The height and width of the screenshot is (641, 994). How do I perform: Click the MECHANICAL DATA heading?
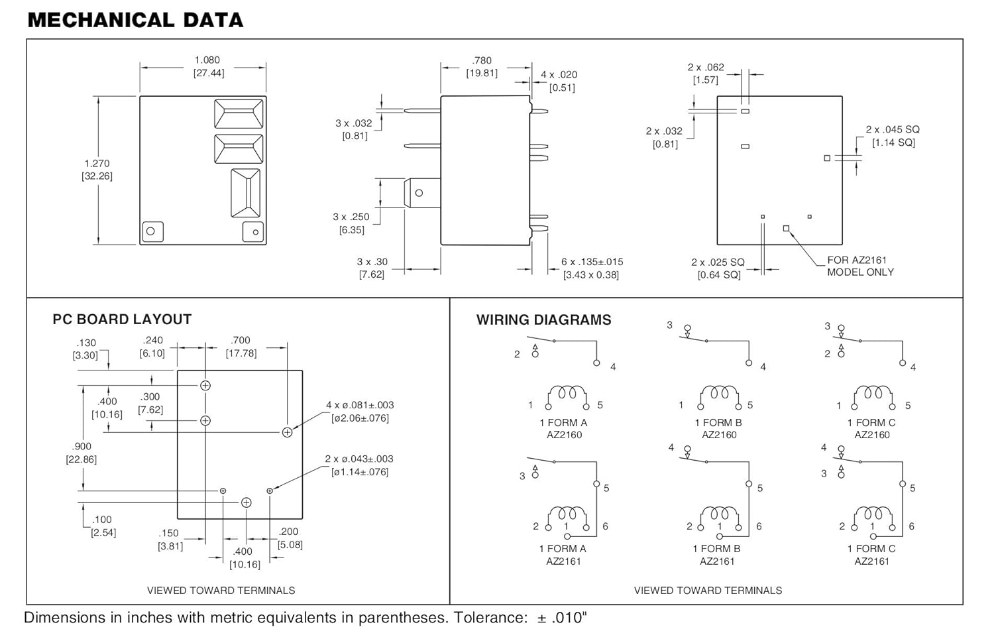click(x=135, y=21)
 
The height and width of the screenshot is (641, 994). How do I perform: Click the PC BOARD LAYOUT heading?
click(x=122, y=319)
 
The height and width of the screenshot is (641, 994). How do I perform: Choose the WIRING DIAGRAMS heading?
click(x=543, y=320)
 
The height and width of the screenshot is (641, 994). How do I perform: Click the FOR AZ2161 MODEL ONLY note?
click(x=860, y=266)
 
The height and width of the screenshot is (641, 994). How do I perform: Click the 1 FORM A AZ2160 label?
click(x=563, y=429)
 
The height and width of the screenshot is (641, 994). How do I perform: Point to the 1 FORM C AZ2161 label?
click(x=871, y=555)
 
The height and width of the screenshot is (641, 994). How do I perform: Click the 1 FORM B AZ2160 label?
click(x=718, y=429)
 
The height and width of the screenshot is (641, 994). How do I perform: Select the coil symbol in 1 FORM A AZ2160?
click(x=567, y=397)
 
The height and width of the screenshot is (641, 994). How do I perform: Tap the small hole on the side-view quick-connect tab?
click(x=419, y=193)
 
